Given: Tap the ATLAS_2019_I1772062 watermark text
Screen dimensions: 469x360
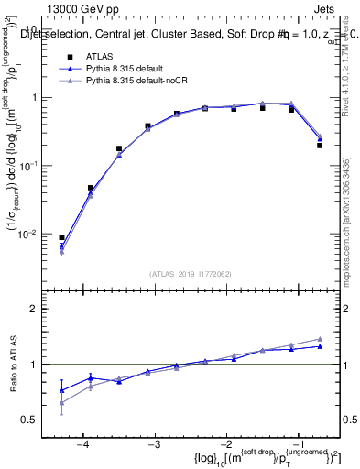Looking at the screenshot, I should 190,273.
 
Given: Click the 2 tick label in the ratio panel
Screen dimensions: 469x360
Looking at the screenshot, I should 33,309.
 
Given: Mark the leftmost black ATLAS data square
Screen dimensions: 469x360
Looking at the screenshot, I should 61,237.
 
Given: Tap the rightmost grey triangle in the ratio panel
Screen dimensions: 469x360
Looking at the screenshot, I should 320,339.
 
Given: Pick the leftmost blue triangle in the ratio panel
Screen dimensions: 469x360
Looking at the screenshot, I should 61,390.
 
